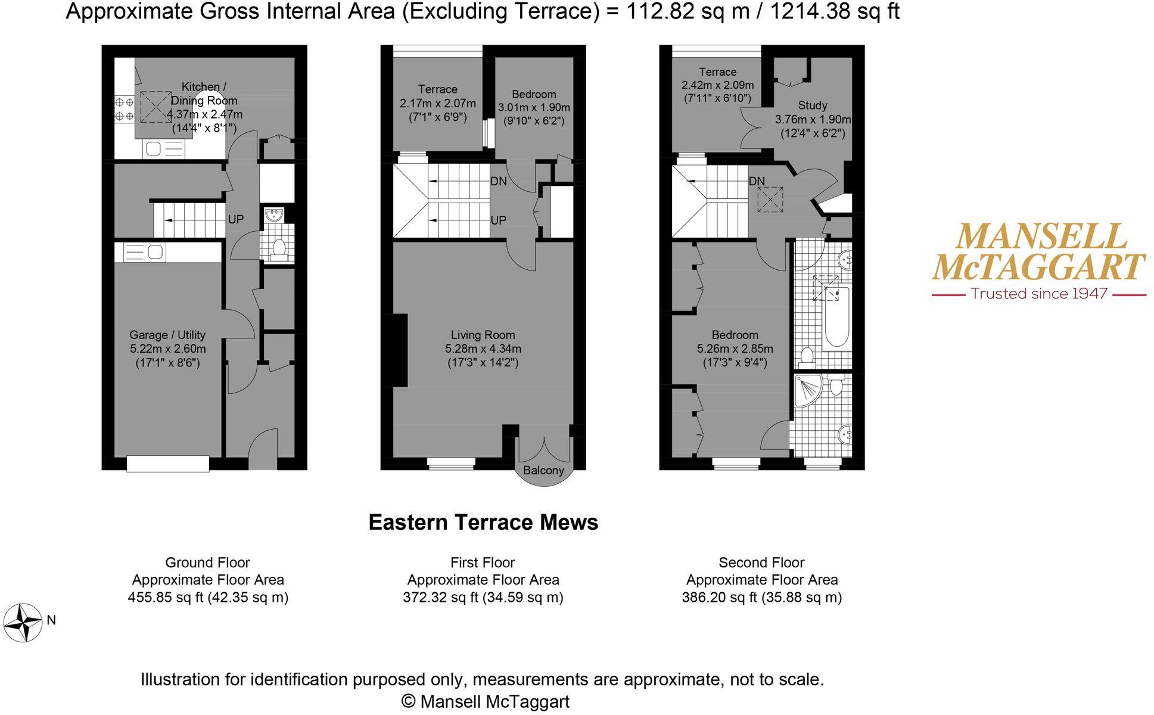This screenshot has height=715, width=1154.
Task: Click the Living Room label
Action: (x=483, y=335)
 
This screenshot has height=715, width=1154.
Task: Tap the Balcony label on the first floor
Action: (x=543, y=470)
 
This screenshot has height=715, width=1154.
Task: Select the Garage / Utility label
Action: (x=167, y=335)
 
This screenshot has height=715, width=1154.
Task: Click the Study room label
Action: (x=812, y=105)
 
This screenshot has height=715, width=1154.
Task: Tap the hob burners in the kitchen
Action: (x=125, y=109)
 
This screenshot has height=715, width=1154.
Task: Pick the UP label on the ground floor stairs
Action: (x=236, y=219)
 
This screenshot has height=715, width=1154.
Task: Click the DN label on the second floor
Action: (x=757, y=181)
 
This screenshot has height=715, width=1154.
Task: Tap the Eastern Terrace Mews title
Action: (x=483, y=522)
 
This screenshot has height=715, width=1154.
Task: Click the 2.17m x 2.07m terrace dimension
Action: (x=437, y=103)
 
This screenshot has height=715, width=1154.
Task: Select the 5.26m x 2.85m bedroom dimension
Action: (x=735, y=349)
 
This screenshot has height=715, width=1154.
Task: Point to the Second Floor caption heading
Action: (x=761, y=562)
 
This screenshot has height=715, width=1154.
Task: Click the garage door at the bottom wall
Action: (x=168, y=464)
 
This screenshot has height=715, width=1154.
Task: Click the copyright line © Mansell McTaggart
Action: (x=485, y=701)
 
